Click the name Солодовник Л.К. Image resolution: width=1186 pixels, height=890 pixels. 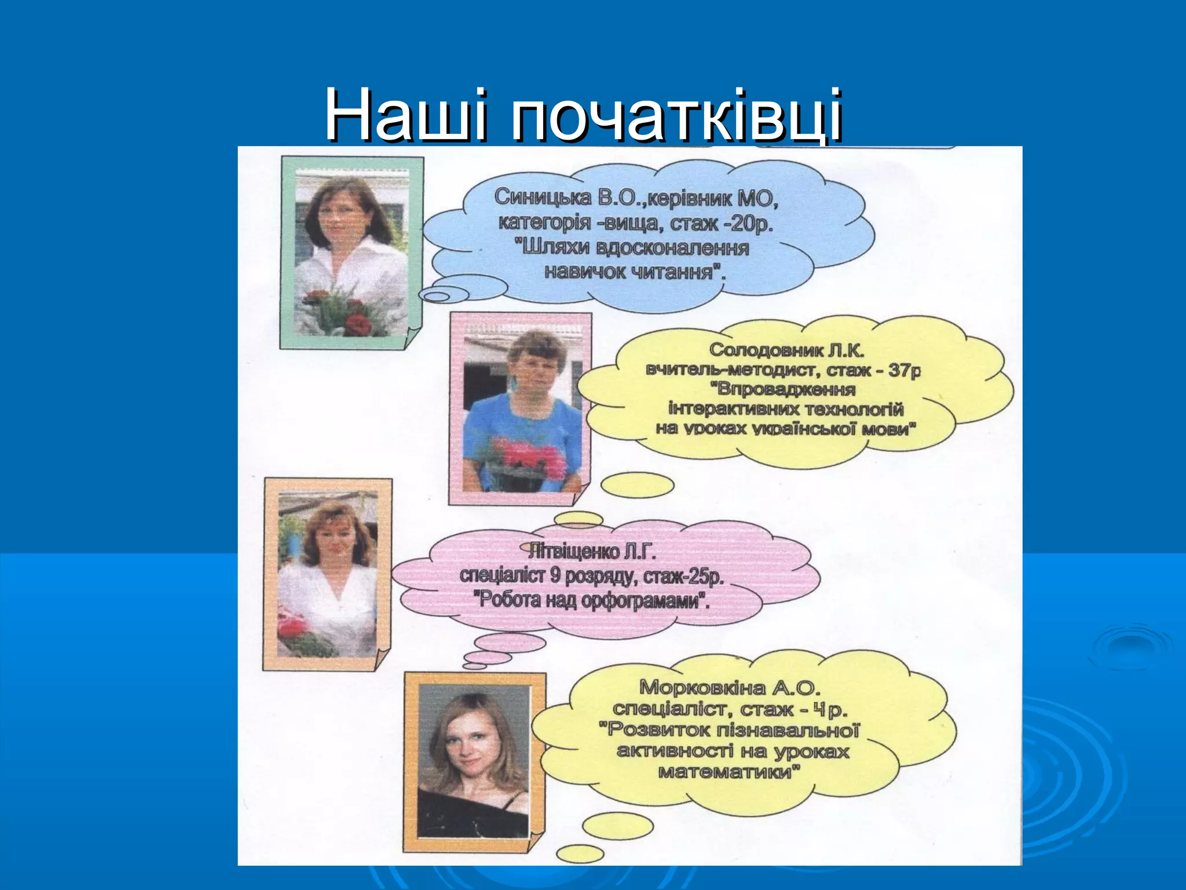[x=786, y=350]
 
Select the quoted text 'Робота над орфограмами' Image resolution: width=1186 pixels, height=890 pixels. [x=591, y=600]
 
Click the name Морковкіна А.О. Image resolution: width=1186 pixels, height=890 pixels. [x=730, y=688]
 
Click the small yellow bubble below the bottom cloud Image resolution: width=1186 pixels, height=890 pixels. [x=617, y=826]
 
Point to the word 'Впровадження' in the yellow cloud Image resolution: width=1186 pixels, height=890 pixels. [x=785, y=389]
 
